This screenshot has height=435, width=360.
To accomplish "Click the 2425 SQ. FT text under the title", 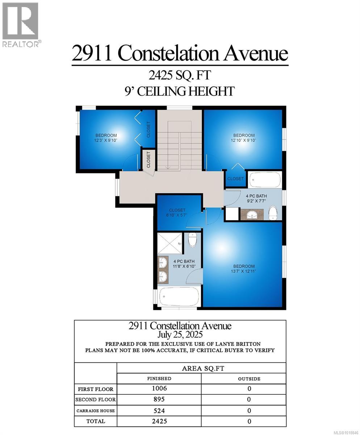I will pyautogui.click(x=180, y=75).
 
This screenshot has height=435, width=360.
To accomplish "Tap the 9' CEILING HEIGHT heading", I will pyautogui.click(x=180, y=91).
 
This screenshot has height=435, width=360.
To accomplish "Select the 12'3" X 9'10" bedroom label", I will pyautogui.click(x=106, y=138).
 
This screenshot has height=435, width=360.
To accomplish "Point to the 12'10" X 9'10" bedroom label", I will pyautogui.click(x=243, y=138).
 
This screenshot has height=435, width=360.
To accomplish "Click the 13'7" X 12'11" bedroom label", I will pyautogui.click(x=243, y=269).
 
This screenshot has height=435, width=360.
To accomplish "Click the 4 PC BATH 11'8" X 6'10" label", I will pyautogui.click(x=184, y=264).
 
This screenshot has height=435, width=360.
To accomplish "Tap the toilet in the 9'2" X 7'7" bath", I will pyautogui.click(x=273, y=213).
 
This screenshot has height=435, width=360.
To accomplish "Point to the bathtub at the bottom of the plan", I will pyautogui.click(x=179, y=297).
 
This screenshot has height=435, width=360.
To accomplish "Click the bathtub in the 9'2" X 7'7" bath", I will pyautogui.click(x=265, y=179).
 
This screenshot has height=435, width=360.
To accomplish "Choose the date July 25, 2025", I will pyautogui.click(x=180, y=334).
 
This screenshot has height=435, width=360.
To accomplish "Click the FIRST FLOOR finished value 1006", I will pyautogui.click(x=159, y=389).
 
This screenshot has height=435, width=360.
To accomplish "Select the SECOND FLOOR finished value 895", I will pyautogui.click(x=159, y=399).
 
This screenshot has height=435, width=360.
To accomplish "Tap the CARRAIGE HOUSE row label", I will pyautogui.click(x=96, y=411).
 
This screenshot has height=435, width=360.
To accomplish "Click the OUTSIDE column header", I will pyautogui.click(x=249, y=378).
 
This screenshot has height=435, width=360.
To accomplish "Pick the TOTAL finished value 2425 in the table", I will pyautogui.click(x=159, y=421).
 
